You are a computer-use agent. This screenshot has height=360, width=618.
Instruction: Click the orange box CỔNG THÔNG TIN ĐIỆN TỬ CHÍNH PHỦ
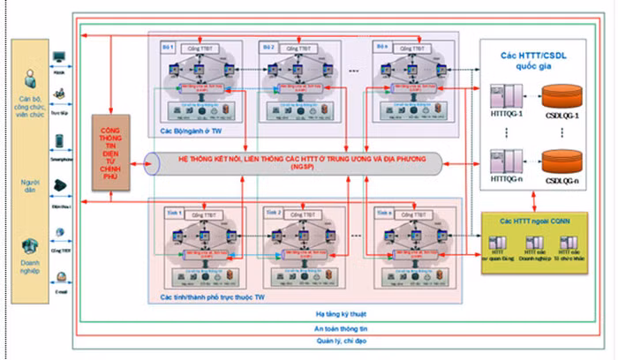[117, 151]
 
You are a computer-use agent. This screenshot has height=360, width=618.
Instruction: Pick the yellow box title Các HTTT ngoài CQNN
[536, 219]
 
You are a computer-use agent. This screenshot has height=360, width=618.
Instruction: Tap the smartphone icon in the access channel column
[59, 141]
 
